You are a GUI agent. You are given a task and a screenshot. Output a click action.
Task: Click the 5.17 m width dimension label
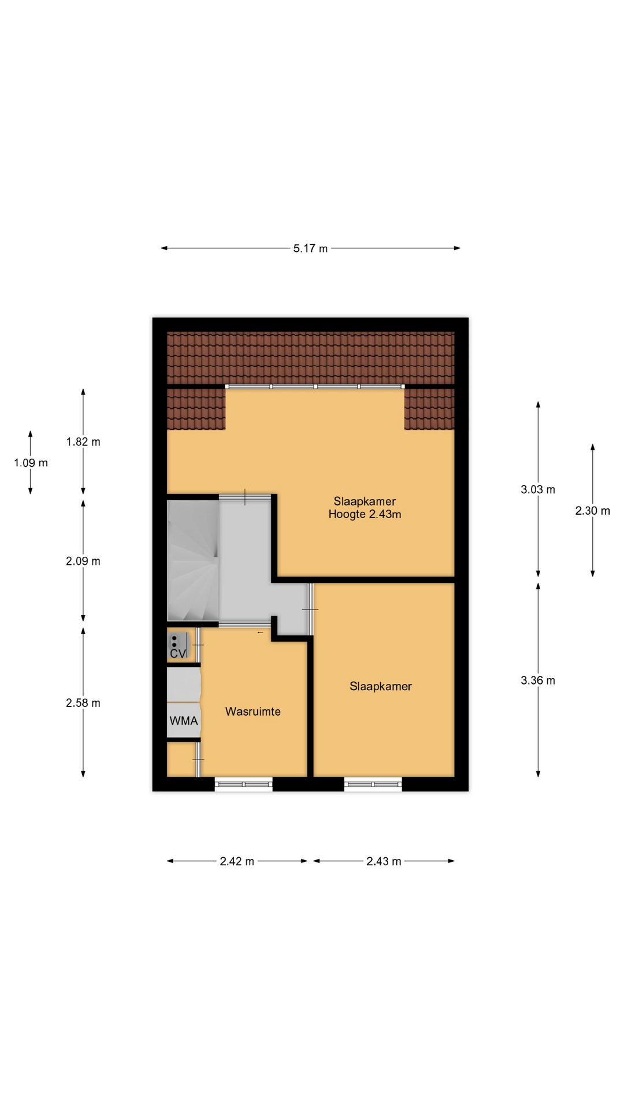[310, 248]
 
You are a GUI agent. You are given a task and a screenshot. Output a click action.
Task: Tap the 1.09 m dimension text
[31, 463]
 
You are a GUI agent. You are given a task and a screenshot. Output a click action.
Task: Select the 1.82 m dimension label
[83, 442]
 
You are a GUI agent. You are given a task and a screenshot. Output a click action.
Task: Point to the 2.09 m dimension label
[83, 561]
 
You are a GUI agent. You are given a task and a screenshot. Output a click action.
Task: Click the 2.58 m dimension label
[83, 703]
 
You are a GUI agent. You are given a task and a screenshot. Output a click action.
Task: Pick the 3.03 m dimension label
[538, 490]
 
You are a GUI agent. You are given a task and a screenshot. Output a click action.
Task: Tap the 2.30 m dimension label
[593, 511]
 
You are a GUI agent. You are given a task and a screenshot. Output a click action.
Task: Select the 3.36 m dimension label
[538, 680]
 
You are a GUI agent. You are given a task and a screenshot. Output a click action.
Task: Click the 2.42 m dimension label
[237, 861]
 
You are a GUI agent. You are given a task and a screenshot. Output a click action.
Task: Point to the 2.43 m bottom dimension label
[384, 861]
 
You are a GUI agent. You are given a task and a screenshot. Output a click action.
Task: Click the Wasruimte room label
[253, 712]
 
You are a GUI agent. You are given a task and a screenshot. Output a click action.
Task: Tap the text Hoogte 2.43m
[365, 514]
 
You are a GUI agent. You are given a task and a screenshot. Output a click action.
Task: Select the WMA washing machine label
[184, 721]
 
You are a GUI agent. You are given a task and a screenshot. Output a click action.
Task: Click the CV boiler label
[178, 653]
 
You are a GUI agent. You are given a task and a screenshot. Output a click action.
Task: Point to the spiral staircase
[193, 560]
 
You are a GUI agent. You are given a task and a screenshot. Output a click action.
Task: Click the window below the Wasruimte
[244, 784]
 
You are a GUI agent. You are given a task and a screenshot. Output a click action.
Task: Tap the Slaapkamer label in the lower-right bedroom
[381, 686]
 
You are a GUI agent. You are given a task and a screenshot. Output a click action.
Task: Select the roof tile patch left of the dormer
[196, 409]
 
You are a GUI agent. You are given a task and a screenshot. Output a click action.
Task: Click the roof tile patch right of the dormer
[429, 409]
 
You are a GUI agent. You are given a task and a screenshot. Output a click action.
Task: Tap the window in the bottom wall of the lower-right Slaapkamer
[373, 784]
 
